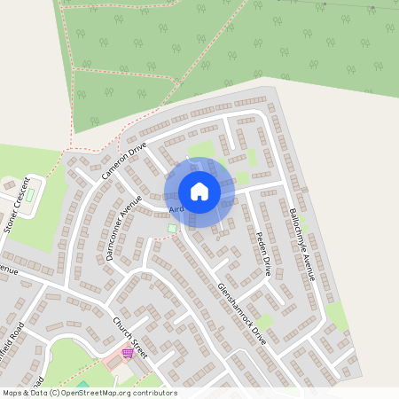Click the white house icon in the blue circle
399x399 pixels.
coord(199,192)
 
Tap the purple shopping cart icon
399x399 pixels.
coord(128,353)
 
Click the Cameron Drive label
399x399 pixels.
coord(123,160)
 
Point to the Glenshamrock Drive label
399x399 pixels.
coord(241,313)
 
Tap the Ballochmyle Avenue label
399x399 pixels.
coord(302,245)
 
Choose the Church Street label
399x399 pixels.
coord(128,332)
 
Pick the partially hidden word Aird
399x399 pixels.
coord(176,209)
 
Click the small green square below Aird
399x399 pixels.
coord(172,229)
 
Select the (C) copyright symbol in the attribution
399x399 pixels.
coord(54,393)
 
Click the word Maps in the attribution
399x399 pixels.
coord(12,393)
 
